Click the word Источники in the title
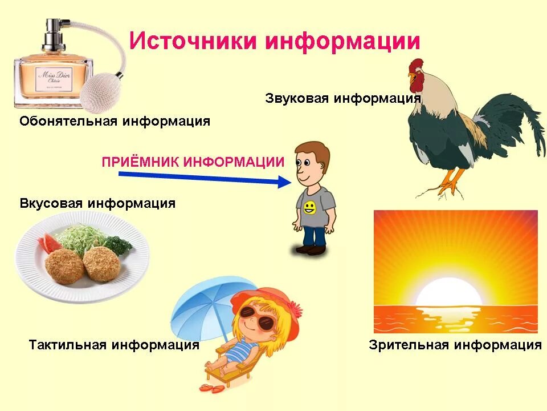(192, 41)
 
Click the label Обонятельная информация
(115, 121)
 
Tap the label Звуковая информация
(342, 98)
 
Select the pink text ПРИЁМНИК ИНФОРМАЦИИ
(193, 162)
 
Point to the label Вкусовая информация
(97, 203)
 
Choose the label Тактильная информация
(114, 345)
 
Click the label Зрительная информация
(455, 345)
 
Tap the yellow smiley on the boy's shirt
(309, 207)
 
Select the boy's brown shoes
(311, 249)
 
